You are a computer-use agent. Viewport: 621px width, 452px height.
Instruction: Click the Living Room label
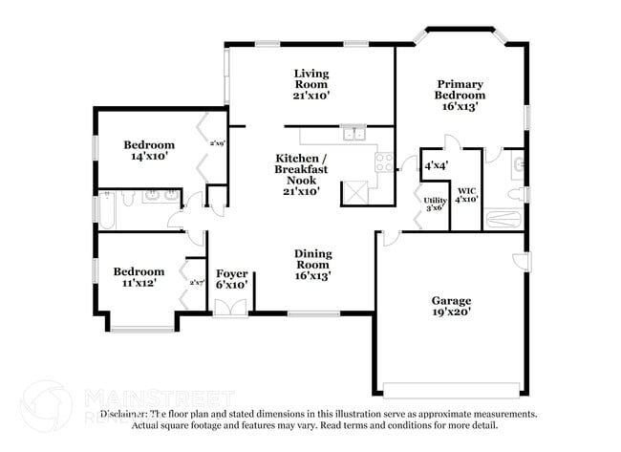click(311, 74)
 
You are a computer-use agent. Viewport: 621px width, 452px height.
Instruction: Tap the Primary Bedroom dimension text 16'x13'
click(460, 107)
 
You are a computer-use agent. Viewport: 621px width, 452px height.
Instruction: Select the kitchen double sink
click(354, 134)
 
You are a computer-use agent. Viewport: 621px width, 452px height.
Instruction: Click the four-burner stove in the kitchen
click(384, 161)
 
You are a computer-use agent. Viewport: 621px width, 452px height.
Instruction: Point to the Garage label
click(451, 300)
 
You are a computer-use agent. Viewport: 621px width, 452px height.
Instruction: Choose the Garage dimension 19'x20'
click(451, 312)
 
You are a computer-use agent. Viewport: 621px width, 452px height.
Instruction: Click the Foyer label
click(232, 274)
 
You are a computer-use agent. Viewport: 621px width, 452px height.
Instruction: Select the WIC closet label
click(466, 191)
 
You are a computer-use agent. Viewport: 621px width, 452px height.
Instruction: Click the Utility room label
click(434, 199)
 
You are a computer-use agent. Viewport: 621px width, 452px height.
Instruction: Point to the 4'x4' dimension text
click(437, 165)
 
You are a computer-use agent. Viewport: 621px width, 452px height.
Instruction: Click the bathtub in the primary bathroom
click(503, 220)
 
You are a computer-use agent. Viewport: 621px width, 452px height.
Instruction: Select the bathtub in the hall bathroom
click(106, 211)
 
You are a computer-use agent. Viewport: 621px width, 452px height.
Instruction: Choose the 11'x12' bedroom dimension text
click(139, 284)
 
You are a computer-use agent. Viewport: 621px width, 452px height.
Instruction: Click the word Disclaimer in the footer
click(125, 414)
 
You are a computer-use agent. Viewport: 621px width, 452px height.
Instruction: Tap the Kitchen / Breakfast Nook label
click(301, 168)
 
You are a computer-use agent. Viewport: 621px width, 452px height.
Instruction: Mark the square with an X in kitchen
click(356, 190)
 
